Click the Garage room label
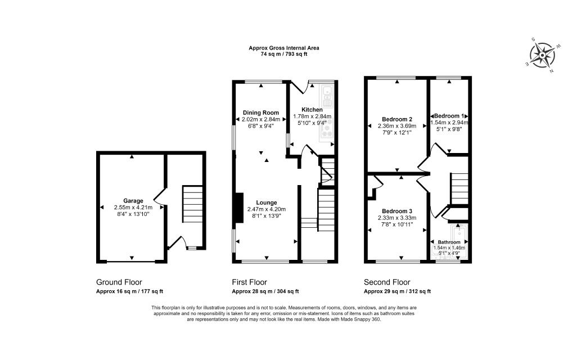133,201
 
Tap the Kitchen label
312,110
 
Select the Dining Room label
261,112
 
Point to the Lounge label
267,203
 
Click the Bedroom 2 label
397,119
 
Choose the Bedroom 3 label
397,211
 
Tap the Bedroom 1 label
449,116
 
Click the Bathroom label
449,242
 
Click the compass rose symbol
542,56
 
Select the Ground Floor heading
119,282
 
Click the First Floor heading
249,282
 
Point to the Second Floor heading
387,282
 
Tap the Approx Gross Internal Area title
283,48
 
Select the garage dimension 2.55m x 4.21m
133,208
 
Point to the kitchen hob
327,129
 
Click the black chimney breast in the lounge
239,208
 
